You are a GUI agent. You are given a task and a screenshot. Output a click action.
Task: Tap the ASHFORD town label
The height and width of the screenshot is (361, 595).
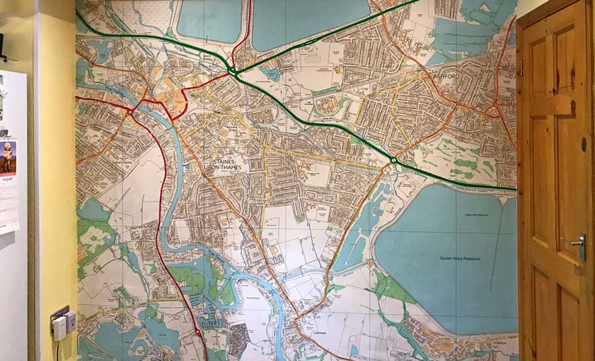tap(446, 77)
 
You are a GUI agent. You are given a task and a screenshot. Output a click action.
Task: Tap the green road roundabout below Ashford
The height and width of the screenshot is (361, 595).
tap(393, 160)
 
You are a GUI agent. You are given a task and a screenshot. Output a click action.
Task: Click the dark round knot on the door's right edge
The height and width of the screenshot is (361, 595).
tap(583, 145)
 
